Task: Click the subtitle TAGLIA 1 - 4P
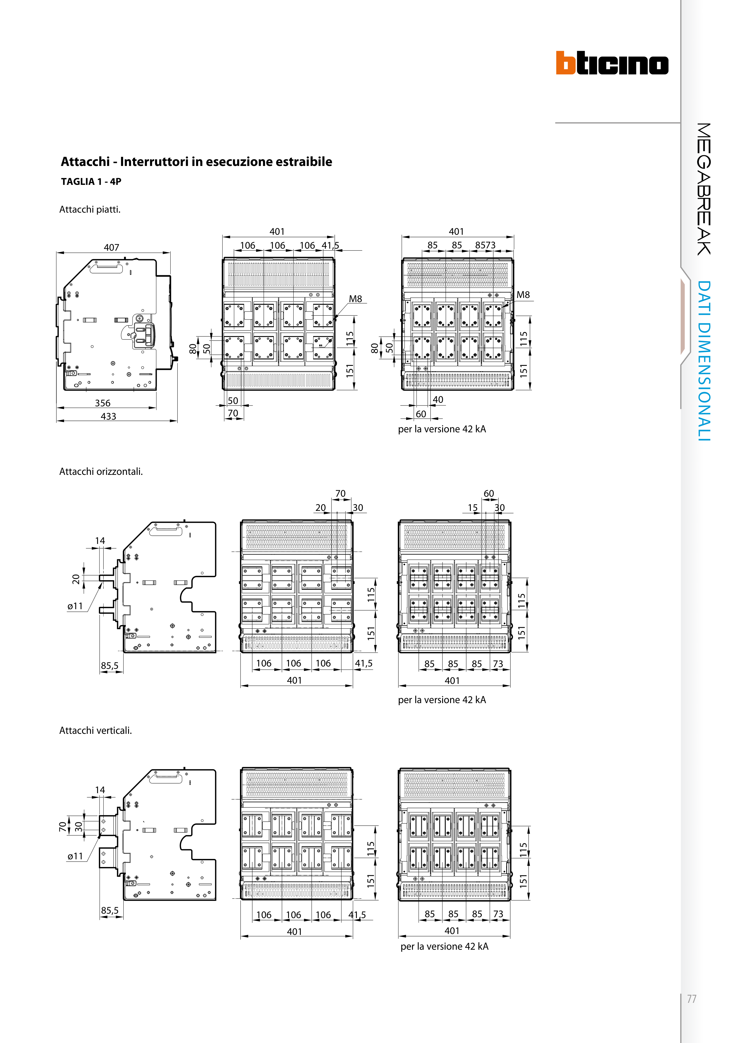coord(91,182)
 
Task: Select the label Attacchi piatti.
coord(90,209)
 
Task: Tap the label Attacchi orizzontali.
coord(101,472)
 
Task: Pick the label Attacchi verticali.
coord(95,731)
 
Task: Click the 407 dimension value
coord(111,247)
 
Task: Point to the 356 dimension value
coord(103,403)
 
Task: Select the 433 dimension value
coord(108,416)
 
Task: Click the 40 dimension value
coord(438,400)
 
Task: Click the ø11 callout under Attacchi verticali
coord(75,856)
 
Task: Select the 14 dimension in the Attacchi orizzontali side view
coord(100,541)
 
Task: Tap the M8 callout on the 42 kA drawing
coord(523,295)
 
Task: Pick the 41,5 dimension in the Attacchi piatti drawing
coord(330,246)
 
